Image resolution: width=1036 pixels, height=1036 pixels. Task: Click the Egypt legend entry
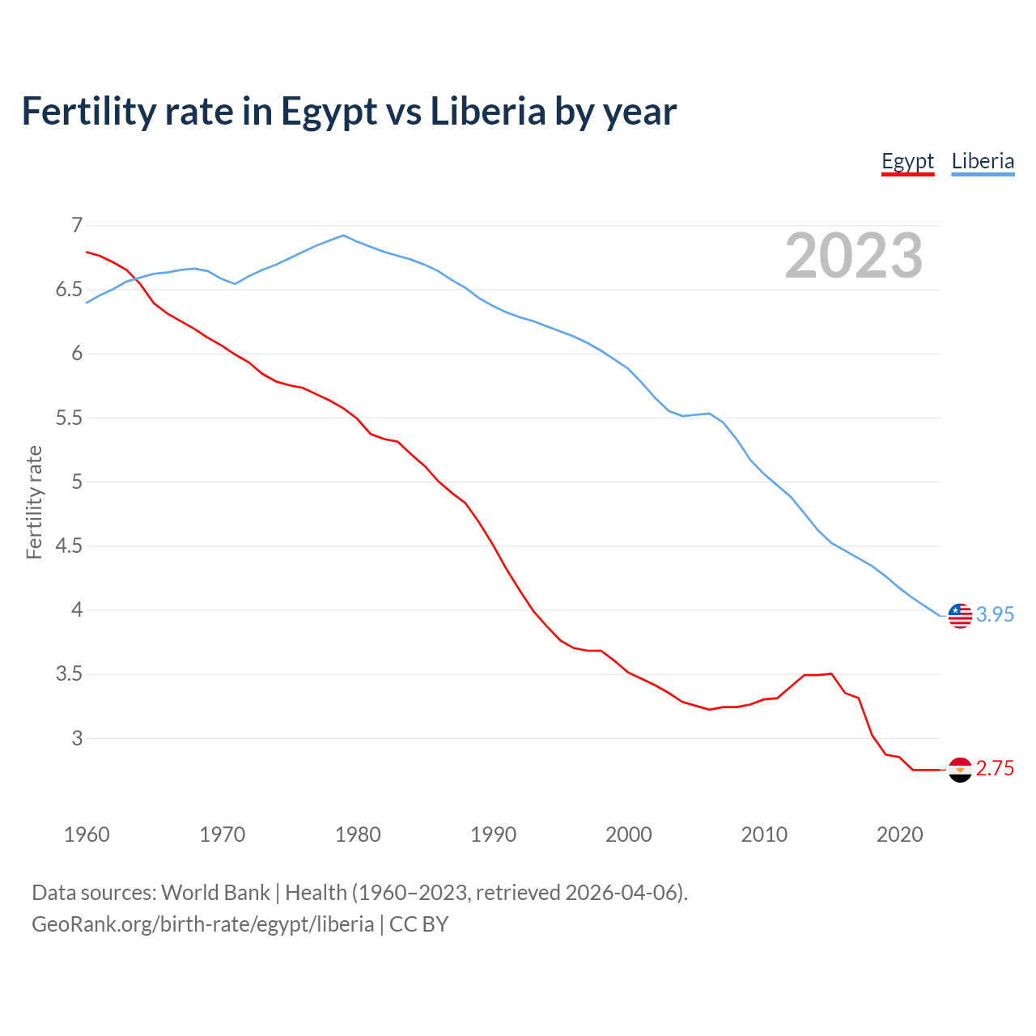pyautogui.click(x=907, y=161)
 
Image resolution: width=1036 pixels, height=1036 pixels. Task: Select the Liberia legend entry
pyautogui.click(x=983, y=161)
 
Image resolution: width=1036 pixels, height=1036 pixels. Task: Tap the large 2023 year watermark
pyautogui.click(x=854, y=256)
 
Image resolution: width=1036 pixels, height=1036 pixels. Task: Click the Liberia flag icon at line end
pyautogui.click(x=959, y=615)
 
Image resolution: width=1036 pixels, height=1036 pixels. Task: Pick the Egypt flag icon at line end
pyautogui.click(x=959, y=769)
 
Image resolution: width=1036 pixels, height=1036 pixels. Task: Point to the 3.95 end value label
pyautogui.click(x=995, y=615)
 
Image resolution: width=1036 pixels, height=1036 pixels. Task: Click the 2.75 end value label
pyautogui.click(x=995, y=769)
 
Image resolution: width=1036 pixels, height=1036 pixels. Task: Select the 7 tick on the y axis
pyautogui.click(x=77, y=225)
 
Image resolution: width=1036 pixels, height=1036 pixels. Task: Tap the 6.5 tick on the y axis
pyautogui.click(x=69, y=290)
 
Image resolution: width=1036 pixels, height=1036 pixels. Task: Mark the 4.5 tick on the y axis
pyautogui.click(x=69, y=546)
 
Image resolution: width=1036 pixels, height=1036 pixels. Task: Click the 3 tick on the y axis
pyautogui.click(x=77, y=738)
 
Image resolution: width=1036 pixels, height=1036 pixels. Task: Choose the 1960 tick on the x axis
pyautogui.click(x=87, y=834)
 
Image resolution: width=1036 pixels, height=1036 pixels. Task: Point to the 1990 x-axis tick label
pyautogui.click(x=493, y=834)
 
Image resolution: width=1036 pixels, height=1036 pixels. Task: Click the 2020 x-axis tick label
pyautogui.click(x=899, y=834)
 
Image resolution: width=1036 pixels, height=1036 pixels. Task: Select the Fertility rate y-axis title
pyautogui.click(x=34, y=502)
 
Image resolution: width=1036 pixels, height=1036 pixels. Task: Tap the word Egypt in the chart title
pyautogui.click(x=329, y=113)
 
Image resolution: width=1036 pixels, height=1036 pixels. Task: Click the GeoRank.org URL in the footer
pyautogui.click(x=202, y=924)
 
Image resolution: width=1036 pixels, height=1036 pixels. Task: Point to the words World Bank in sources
pyautogui.click(x=215, y=893)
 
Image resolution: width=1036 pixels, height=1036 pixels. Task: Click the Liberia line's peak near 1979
pyautogui.click(x=343, y=236)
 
